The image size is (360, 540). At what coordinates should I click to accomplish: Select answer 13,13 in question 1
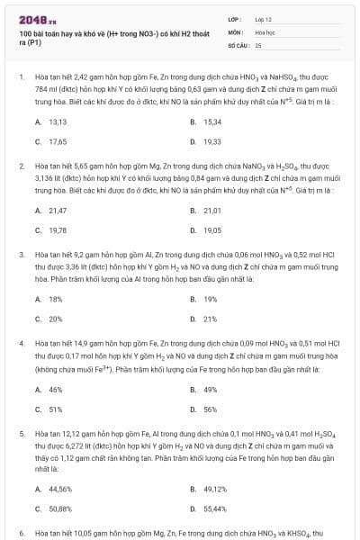tap(58, 121)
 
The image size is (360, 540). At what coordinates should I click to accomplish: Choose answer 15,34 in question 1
tap(212, 121)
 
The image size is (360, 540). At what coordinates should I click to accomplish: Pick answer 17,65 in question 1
tap(58, 141)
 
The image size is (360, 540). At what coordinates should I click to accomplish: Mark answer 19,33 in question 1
tap(212, 141)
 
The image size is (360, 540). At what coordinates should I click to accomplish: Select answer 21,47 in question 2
tap(58, 210)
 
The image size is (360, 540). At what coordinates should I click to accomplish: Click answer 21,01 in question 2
tap(212, 210)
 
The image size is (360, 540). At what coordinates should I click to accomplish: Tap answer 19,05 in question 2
tap(212, 229)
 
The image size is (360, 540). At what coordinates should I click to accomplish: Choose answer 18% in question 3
tap(55, 299)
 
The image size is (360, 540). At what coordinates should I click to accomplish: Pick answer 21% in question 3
tap(210, 319)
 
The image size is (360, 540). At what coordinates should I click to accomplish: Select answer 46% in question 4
tap(55, 389)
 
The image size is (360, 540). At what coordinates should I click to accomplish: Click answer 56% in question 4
tap(210, 409)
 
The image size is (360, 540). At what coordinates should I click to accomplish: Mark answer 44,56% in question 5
tap(59, 488)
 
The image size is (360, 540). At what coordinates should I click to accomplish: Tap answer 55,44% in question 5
tap(214, 508)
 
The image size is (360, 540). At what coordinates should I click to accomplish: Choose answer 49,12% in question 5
tap(214, 488)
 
